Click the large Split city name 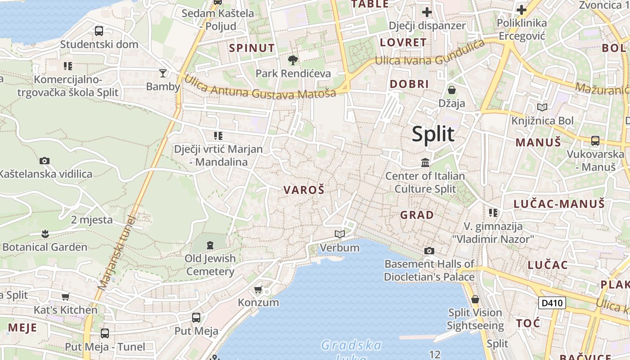tap(433, 134)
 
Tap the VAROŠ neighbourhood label tap(304, 190)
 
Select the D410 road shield tap(552, 303)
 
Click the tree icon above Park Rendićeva tap(293, 60)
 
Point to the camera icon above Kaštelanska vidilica tap(45, 161)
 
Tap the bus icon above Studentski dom tap(99, 31)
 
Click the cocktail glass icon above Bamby tap(163, 73)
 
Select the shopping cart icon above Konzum tap(258, 289)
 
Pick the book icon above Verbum tap(340, 234)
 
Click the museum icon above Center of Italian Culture tap(425, 162)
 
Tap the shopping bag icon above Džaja tap(452, 90)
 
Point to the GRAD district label tap(417, 215)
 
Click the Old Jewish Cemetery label tap(210, 265)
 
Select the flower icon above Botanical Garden tap(45, 234)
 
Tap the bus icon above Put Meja tap(196, 318)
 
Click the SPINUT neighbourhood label tap(252, 48)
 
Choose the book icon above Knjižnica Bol tap(542, 108)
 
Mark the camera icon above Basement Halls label tap(429, 251)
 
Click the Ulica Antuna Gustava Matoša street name tap(260, 87)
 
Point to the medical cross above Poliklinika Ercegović tap(522, 9)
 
